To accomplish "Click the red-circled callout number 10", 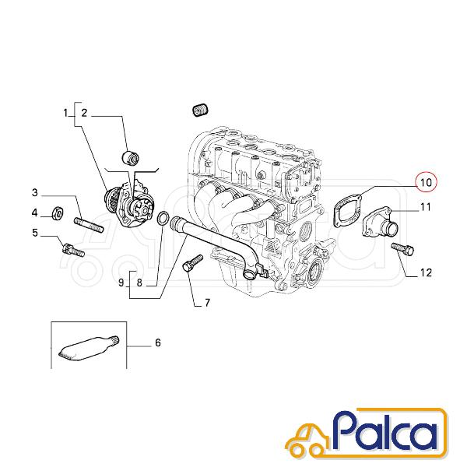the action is point(427,182).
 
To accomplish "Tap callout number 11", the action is point(425,207).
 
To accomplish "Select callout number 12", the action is point(426,272).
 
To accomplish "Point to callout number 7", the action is point(207,303).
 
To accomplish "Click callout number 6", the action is point(158,342).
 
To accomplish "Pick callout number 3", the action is point(35,193).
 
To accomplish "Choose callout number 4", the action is point(35,212).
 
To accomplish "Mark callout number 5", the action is point(35,233).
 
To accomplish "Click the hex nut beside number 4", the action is point(57,213).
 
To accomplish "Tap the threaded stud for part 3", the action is point(89,225).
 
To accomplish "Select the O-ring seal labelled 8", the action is point(163,219).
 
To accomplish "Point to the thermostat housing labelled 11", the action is point(380,223).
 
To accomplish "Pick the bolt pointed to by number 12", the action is point(402,249).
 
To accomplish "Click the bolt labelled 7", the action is point(192,263).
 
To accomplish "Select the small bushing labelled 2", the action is point(131,157).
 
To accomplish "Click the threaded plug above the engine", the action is point(200,111).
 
